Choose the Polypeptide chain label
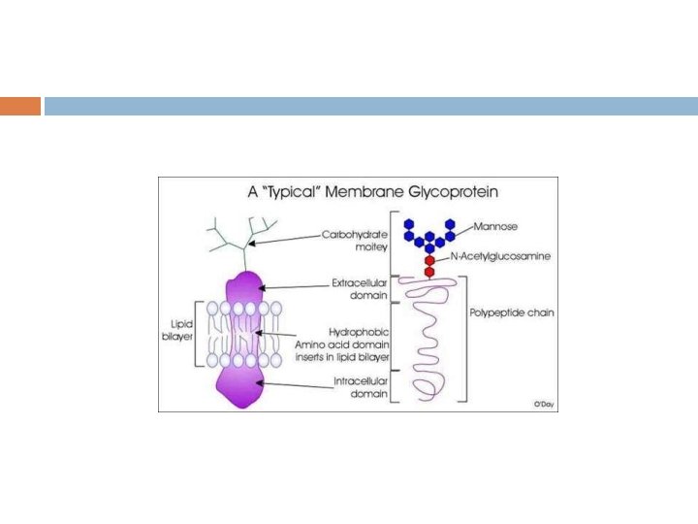click(x=511, y=314)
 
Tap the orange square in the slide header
click(x=19, y=106)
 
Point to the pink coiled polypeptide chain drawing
click(x=427, y=340)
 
